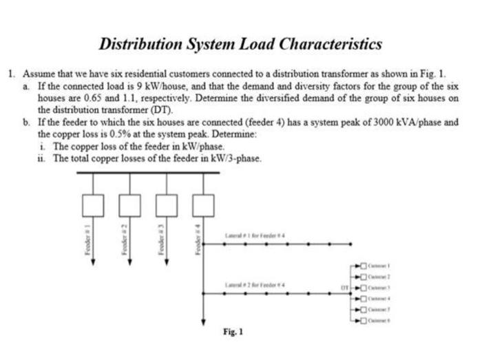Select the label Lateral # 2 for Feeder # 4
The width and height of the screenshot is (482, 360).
[x=255, y=284]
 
